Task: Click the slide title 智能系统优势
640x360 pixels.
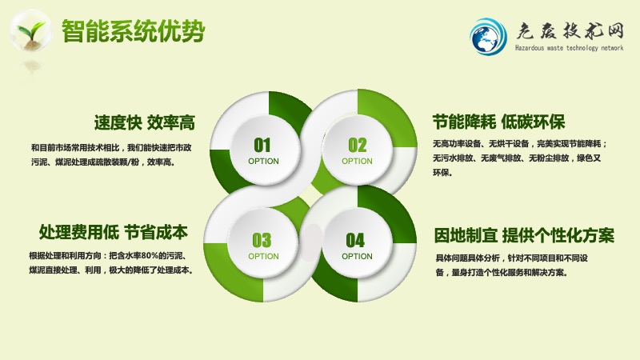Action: (133, 31)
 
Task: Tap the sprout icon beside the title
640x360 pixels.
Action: (30, 31)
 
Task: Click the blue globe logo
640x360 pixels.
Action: (488, 37)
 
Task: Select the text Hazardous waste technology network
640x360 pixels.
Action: (569, 48)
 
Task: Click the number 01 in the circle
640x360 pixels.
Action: (262, 145)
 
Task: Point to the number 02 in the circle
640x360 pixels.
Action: (357, 145)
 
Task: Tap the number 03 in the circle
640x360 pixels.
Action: (262, 241)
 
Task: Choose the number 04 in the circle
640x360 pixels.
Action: (355, 241)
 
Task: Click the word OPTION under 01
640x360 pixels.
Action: (264, 162)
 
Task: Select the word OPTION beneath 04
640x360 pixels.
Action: (357, 256)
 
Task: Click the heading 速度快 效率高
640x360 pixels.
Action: (145, 122)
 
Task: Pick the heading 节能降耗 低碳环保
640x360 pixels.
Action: (499, 122)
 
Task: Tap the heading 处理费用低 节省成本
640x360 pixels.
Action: (114, 232)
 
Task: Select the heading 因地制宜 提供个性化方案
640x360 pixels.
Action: (524, 235)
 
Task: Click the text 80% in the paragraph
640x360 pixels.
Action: (150, 256)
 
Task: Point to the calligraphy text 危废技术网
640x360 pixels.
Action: (570, 30)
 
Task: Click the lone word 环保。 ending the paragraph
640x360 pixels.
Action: (442, 173)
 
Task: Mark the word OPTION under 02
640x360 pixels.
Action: (357, 162)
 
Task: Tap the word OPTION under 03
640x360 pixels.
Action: (264, 256)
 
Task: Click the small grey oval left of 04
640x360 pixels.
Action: (312, 242)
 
